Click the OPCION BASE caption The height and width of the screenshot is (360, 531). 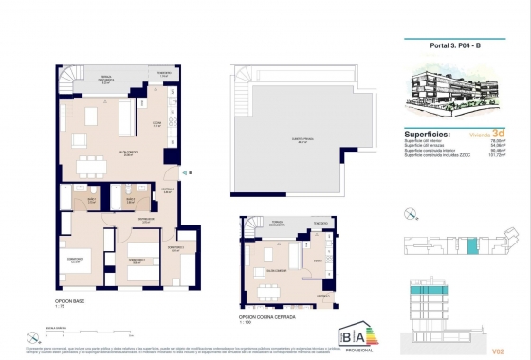(69, 300)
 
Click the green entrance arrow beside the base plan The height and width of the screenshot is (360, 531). (186, 172)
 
